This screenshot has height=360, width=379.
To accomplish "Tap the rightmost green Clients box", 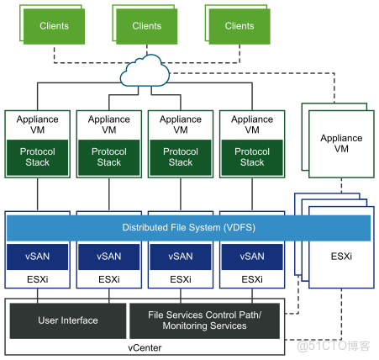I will (x=239, y=27).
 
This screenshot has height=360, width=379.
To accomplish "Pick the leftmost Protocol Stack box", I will (x=38, y=157).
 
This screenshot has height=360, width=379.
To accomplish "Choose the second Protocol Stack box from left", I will (x=109, y=157).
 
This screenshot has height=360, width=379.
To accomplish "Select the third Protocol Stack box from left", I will (x=181, y=157).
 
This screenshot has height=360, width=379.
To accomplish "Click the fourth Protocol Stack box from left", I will (x=252, y=157).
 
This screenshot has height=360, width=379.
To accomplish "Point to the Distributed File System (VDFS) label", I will (x=188, y=228).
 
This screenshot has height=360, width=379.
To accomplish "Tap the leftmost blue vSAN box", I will (x=38, y=257).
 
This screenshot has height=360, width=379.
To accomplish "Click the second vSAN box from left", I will (x=109, y=257).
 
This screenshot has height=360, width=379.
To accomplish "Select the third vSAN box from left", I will (x=181, y=257).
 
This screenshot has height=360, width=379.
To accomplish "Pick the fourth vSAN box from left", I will (x=252, y=257).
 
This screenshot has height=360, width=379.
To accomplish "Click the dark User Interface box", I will (x=68, y=320).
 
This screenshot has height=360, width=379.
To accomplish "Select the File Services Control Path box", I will (x=207, y=320).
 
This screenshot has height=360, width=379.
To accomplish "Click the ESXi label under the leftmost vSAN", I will (x=38, y=279).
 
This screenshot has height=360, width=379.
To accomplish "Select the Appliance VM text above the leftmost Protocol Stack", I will (x=38, y=125).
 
